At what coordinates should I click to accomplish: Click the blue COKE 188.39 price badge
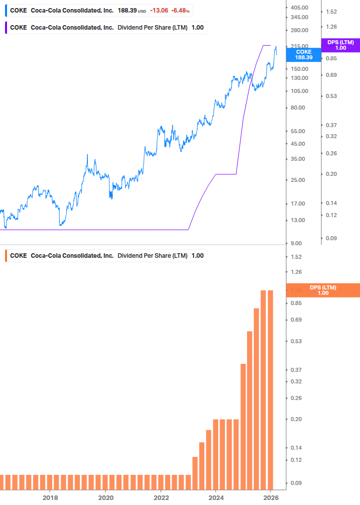click(x=303, y=55)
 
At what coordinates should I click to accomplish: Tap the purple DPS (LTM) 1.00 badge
click(x=340, y=45)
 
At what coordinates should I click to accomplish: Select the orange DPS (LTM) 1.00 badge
click(x=322, y=290)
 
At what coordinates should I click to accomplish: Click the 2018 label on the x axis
click(x=50, y=497)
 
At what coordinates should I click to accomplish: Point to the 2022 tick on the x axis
click(x=161, y=497)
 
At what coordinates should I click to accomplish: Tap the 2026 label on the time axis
click(x=271, y=497)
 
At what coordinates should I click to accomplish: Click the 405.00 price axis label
click(x=299, y=8)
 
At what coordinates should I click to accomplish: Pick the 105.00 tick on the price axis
click(x=299, y=91)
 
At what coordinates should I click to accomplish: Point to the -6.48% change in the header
click(x=181, y=10)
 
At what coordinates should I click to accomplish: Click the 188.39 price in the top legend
click(x=127, y=10)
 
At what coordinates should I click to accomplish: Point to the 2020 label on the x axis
click(x=105, y=497)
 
